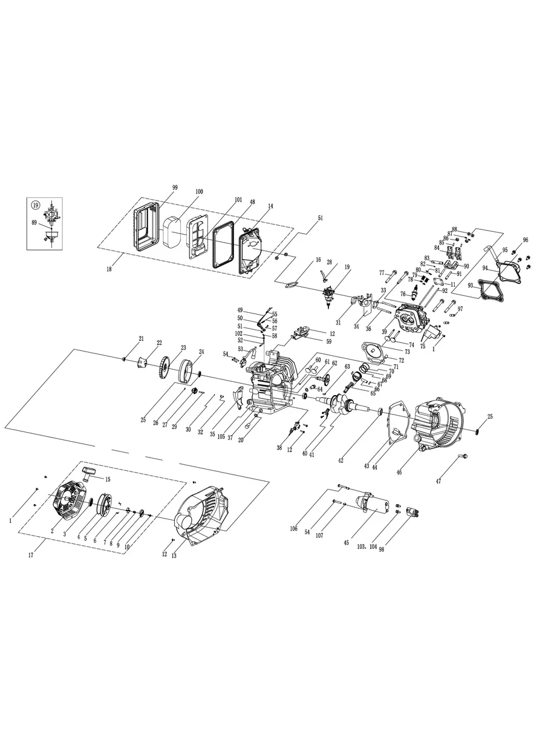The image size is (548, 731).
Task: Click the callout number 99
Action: pyautogui.click(x=175, y=188)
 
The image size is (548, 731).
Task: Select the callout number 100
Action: pyautogui.click(x=199, y=192)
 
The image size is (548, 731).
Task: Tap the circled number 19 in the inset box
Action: pyautogui.click(x=35, y=205)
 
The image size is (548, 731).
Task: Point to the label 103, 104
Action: pyautogui.click(x=366, y=547)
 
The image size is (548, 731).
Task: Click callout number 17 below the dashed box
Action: pyautogui.click(x=31, y=555)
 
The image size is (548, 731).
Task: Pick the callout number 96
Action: pyautogui.click(x=526, y=240)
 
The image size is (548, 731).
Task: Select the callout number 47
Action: pyautogui.click(x=438, y=481)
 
